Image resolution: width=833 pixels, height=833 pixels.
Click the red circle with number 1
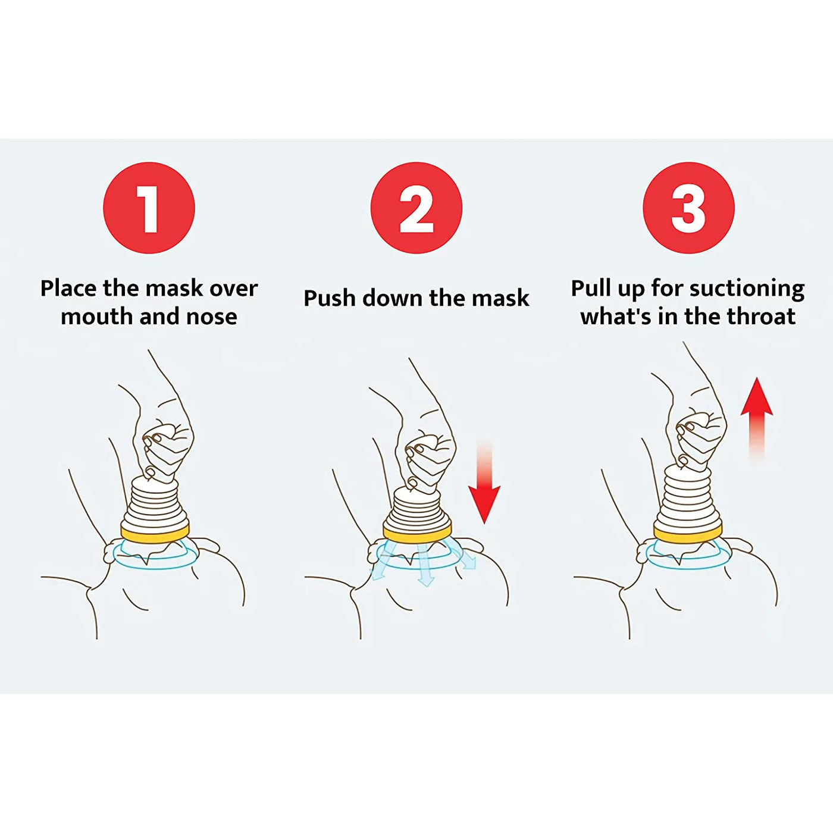149,208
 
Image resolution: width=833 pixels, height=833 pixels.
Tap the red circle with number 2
416,208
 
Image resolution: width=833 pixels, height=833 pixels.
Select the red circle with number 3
688,208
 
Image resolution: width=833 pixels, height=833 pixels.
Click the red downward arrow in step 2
484,497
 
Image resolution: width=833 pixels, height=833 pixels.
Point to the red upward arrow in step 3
756,405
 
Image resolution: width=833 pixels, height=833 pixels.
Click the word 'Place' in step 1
68,289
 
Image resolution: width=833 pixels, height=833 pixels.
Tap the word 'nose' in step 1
211,317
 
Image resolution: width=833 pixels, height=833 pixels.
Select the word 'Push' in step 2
329,298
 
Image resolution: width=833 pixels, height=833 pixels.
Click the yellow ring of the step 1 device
155,531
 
